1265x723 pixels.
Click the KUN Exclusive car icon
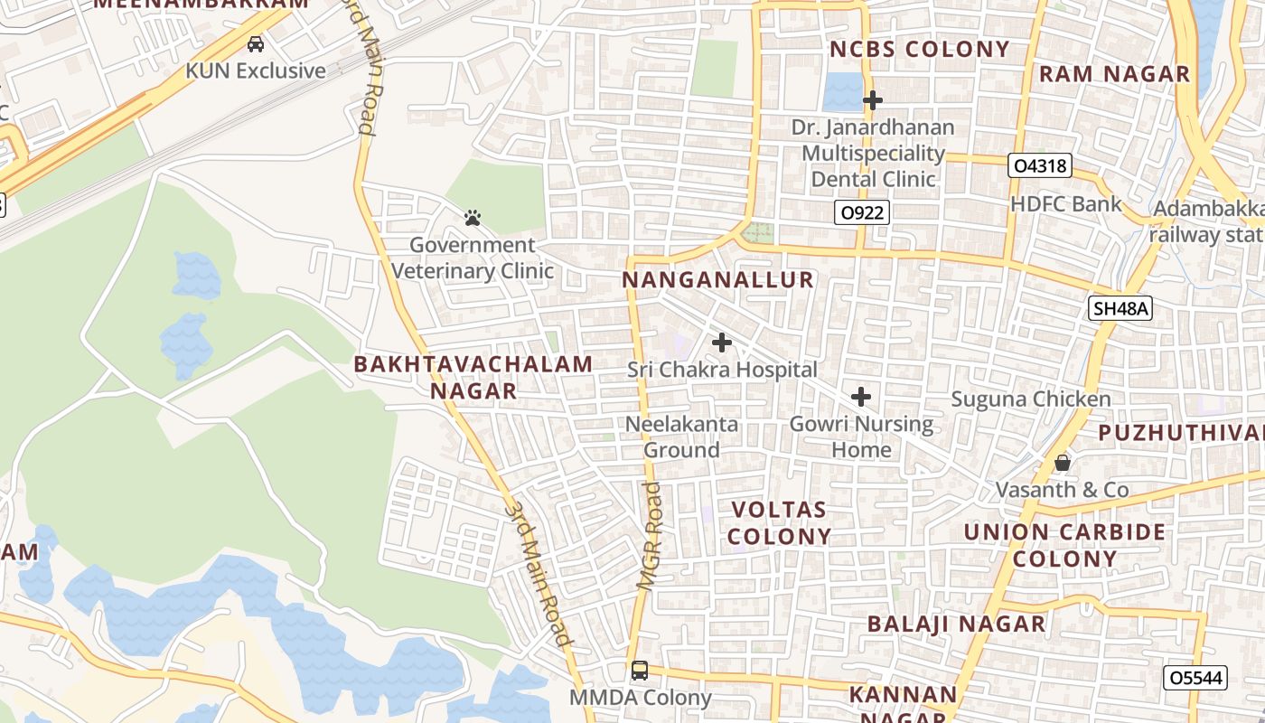tap(256, 43)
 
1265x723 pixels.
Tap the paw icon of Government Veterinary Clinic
tap(472, 218)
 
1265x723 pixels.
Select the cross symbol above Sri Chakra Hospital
tap(721, 343)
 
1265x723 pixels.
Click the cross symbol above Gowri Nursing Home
tap(861, 397)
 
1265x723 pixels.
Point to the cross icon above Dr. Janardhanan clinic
tap(872, 100)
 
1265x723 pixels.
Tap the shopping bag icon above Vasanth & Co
tap(1063, 463)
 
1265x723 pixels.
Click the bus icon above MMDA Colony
tap(640, 671)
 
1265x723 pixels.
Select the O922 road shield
tap(861, 213)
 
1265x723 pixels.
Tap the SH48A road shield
tap(1120, 309)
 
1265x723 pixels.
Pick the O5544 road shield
tap(1195, 678)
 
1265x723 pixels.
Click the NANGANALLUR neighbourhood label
tap(718, 280)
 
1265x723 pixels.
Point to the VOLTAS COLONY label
tap(779, 522)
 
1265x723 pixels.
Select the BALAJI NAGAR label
tap(956, 624)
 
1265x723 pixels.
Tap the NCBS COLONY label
tap(919, 50)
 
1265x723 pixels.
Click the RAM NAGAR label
tap(1114, 74)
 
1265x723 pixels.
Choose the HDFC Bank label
tap(1065, 204)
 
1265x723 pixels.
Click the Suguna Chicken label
tap(1031, 399)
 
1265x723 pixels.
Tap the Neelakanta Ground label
tap(682, 437)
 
